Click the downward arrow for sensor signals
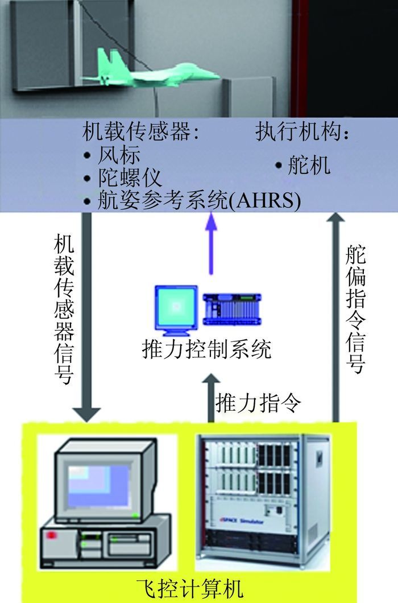86,319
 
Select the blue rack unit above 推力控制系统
231,309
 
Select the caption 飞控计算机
190,587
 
